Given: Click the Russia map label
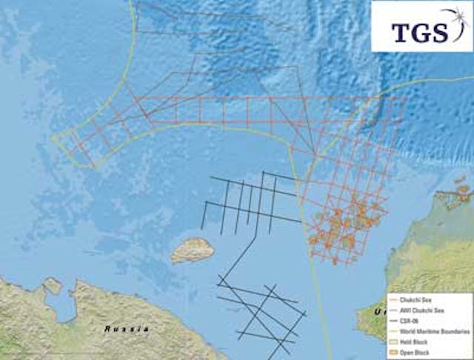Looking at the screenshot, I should [127, 328].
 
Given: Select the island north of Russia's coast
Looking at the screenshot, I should [193, 250].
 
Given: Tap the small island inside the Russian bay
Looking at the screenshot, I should [53, 285].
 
